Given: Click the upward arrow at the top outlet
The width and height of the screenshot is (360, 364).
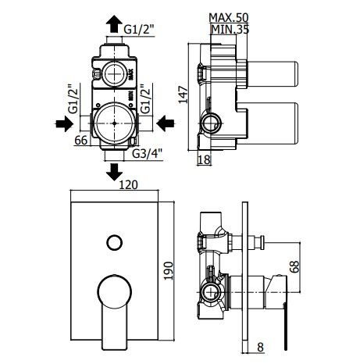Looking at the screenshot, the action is point(114,23).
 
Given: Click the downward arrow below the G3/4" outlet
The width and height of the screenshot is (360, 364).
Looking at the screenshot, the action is point(114,172).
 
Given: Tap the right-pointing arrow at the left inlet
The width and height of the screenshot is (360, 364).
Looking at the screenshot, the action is point(64,123).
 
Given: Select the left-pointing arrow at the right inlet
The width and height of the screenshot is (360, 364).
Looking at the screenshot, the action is point(166,123).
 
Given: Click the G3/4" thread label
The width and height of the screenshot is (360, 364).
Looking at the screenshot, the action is point(147,154).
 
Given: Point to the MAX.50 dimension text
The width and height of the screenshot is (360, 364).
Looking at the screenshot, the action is point(229,18).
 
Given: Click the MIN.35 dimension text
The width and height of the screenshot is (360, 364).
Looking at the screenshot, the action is point(230,30).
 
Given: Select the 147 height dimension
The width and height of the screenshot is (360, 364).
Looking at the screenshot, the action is point(183,95).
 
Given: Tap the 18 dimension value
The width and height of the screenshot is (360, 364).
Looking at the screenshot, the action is point(204,159).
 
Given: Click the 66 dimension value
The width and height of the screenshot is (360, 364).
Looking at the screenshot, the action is point(81,141).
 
